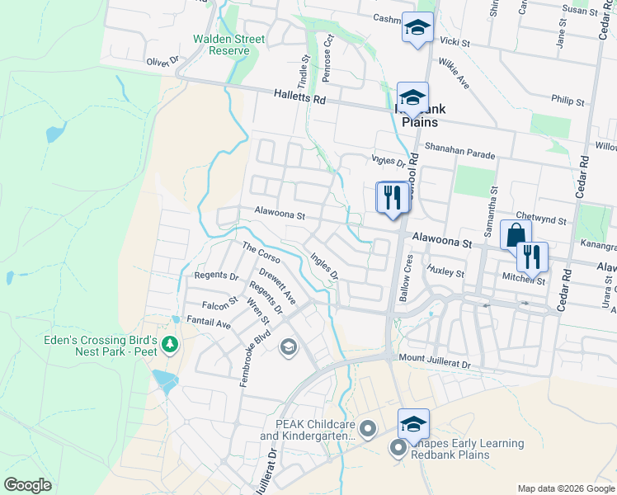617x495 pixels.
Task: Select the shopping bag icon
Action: click(516, 235)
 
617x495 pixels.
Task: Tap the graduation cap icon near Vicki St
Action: click(417, 28)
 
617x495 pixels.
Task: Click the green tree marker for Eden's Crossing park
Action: click(170, 344)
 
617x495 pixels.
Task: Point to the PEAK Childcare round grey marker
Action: click(369, 428)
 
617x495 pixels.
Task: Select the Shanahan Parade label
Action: click(460, 155)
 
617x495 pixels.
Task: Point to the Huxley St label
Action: click(445, 271)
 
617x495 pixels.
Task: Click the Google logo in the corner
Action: click(27, 484)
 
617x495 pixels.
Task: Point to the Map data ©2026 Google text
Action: click(565, 488)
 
